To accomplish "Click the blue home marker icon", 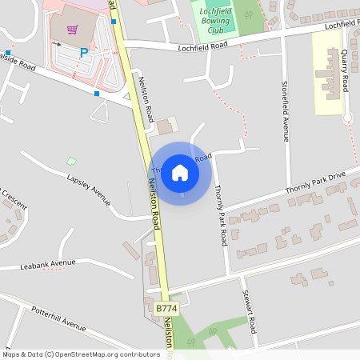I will pyautogui.click(x=180, y=172).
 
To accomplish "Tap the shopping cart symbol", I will pyautogui.click(x=72, y=30).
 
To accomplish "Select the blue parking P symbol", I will pyautogui.click(x=84, y=53).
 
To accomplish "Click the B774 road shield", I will pyautogui.click(x=166, y=308).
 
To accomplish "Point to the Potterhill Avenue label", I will pyautogui.click(x=58, y=318).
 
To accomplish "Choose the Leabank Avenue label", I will pyautogui.click(x=48, y=263).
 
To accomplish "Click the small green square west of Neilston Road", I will pyautogui.click(x=71, y=161).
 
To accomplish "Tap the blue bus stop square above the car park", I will pyautogui.click(x=114, y=22).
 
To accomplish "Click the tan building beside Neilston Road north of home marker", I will pyautogui.click(x=167, y=126).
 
